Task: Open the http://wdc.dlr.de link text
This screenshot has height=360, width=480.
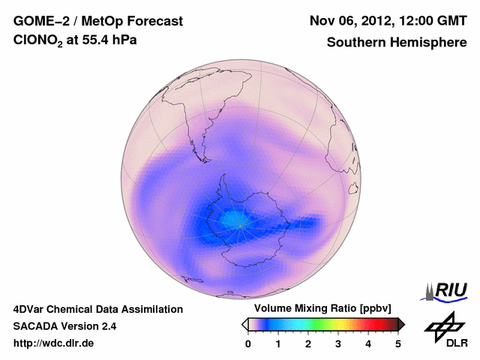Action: tap(54, 343)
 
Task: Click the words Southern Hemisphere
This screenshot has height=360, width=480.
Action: tap(397, 43)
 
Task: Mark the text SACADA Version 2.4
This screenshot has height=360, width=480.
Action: tap(64, 326)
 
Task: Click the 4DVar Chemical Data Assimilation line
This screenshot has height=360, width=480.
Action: tap(97, 309)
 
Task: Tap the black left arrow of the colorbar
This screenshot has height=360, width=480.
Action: tap(244, 324)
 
